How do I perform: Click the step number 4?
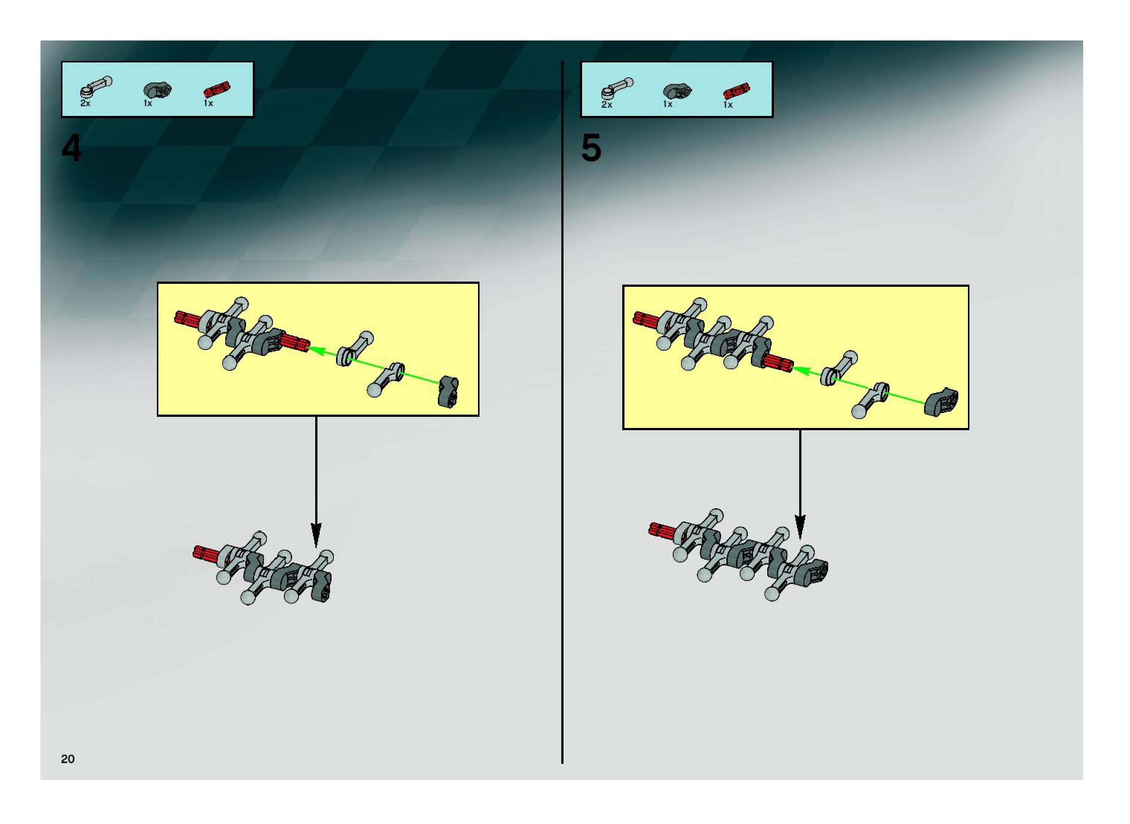[x=71, y=149]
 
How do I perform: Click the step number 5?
[x=591, y=149]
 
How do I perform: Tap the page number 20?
[x=67, y=759]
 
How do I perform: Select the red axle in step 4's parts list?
[x=217, y=90]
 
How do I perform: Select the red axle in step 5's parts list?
[x=736, y=92]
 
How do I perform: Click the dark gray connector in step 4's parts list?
[x=157, y=91]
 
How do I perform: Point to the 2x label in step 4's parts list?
[x=85, y=103]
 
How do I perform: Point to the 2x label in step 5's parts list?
[x=606, y=105]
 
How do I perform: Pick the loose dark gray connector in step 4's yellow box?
[x=448, y=392]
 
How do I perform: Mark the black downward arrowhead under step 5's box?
[x=800, y=527]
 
